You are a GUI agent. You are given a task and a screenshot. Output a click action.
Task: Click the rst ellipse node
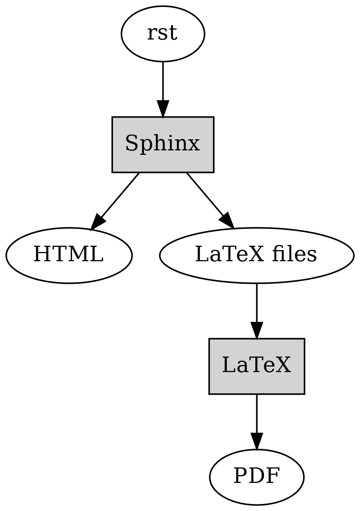coord(162,34)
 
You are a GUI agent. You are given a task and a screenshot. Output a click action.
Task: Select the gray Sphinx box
coord(162,144)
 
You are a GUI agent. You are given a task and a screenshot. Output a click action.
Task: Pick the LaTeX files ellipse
coord(257,256)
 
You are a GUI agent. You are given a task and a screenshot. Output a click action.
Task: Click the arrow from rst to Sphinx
coord(162,89)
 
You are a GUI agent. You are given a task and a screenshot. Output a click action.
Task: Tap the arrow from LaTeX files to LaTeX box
coord(257,311)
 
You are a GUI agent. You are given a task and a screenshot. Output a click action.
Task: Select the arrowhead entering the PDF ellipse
coord(257,442)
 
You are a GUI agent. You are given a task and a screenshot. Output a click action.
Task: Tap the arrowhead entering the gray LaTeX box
coord(257,331)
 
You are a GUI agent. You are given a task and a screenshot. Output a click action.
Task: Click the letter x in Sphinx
coord(194,145)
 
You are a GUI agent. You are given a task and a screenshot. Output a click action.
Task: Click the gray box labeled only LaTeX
coord(257,367)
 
